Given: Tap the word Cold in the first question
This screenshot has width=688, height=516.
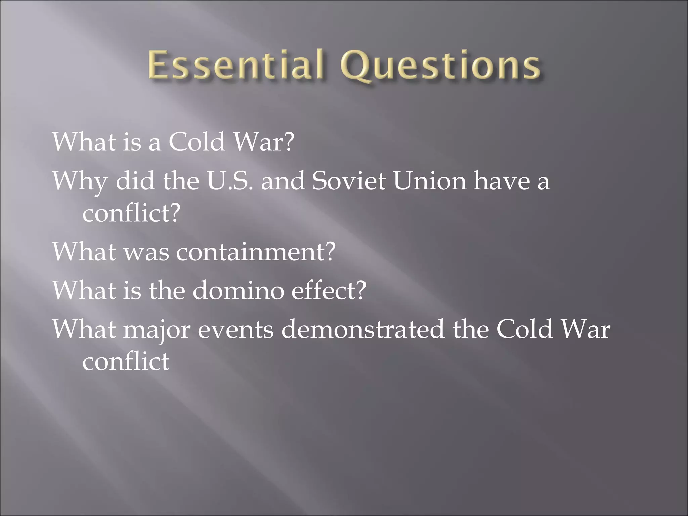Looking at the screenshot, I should point(197,142).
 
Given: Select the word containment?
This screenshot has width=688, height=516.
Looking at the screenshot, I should point(256,252).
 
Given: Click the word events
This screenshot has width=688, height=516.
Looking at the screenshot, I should point(235,330).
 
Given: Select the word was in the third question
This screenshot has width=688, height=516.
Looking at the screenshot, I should point(146,252).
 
